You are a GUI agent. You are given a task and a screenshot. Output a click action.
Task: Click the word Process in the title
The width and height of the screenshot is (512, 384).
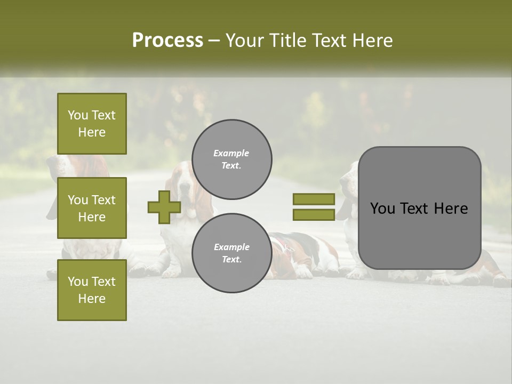167,41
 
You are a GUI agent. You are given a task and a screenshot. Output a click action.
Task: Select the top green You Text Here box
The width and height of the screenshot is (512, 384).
92,124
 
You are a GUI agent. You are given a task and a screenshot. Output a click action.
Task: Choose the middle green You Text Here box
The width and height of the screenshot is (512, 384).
92,208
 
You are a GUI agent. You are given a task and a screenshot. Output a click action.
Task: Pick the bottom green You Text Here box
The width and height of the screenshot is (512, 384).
92,290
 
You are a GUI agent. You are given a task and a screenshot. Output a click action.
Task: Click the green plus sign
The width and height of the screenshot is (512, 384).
164,207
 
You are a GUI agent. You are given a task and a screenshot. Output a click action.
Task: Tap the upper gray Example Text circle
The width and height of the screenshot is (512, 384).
232,159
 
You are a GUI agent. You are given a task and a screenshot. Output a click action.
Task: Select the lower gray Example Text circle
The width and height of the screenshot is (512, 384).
232,253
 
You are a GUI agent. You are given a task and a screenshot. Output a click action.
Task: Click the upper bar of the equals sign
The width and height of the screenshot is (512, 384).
314,199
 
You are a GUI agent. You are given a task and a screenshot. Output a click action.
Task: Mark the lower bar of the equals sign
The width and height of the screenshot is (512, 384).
314,214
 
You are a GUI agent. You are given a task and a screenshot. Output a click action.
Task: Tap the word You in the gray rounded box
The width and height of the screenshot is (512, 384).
382,209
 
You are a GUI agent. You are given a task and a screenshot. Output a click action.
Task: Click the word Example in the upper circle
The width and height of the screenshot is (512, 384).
231,153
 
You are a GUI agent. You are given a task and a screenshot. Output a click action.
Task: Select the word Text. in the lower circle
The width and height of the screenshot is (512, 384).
231,260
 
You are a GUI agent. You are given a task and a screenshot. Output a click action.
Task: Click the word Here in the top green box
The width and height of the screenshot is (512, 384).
92,132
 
